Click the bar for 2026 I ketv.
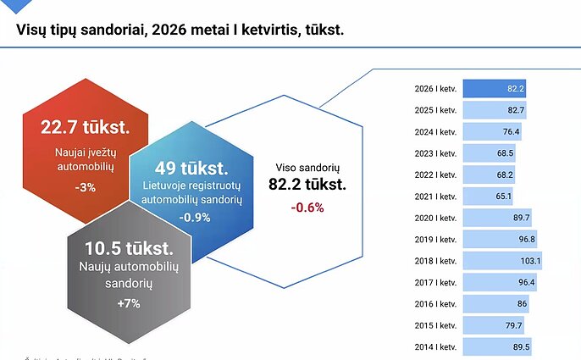(x=495, y=89)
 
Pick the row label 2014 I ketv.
(x=436, y=346)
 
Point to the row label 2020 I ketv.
(x=436, y=218)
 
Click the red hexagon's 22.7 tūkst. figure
(x=85, y=128)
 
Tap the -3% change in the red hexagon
(x=85, y=187)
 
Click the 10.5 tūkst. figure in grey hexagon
(x=129, y=250)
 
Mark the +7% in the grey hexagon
(x=129, y=303)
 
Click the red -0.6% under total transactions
(x=307, y=207)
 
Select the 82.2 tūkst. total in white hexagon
(x=307, y=185)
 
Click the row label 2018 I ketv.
(x=436, y=261)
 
